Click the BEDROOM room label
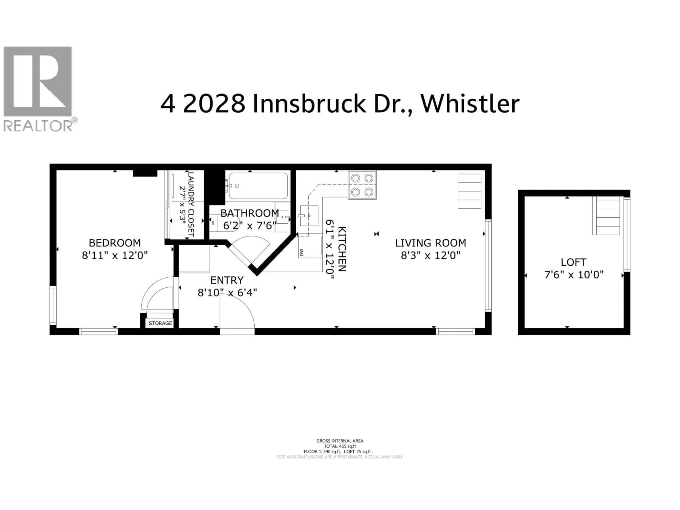click(x=115, y=243)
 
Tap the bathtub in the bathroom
click(x=258, y=186)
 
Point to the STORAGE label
click(x=160, y=323)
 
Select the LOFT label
click(x=573, y=262)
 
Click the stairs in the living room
click(x=469, y=191)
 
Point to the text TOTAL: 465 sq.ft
click(x=340, y=446)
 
